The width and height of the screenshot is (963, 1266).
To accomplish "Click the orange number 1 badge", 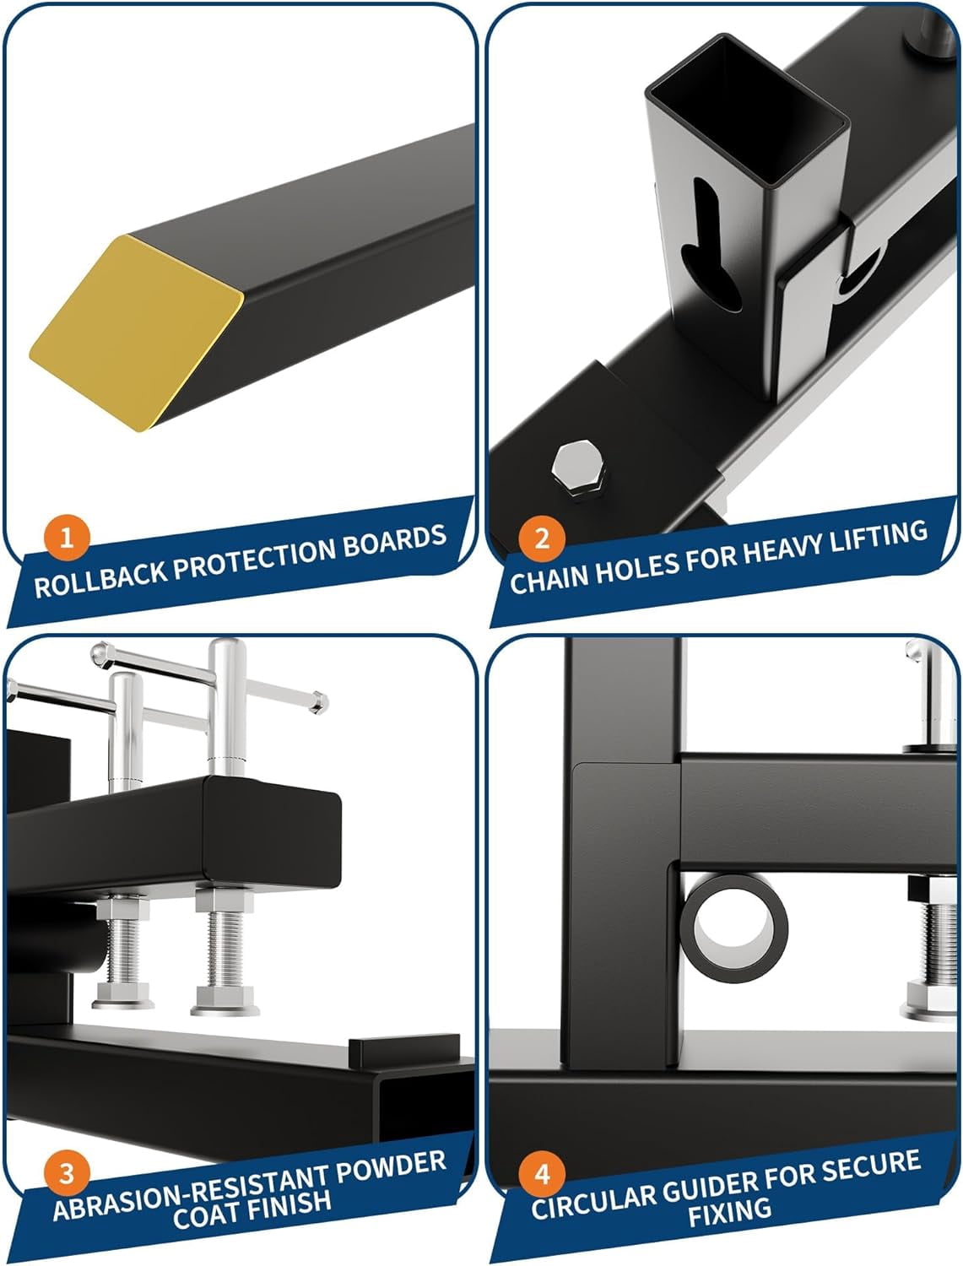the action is click(x=67, y=538).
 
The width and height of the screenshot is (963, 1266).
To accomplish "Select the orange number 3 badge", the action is click(x=67, y=1173).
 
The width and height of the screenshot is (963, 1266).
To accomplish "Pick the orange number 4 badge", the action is click(x=542, y=1174).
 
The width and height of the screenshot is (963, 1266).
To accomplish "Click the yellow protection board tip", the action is click(x=137, y=333).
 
